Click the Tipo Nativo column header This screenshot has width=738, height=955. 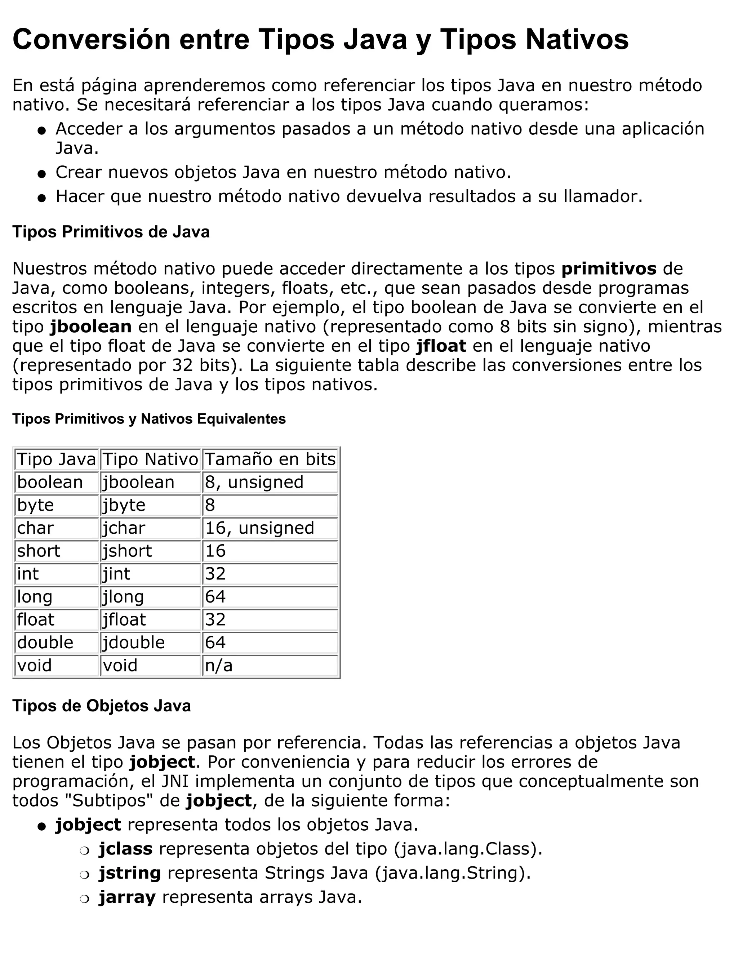150,459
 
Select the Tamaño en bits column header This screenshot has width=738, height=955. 270,459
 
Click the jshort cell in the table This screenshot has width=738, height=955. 127,551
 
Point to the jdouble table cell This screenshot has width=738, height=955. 134,642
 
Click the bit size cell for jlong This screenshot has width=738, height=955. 215,596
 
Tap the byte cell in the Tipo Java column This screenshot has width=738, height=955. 35,505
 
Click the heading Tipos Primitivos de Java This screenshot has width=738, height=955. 111,232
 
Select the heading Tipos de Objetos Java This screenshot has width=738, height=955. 101,706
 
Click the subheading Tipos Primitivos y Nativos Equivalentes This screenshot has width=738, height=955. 149,419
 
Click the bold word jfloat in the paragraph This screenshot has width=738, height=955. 441,346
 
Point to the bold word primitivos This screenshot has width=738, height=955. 609,268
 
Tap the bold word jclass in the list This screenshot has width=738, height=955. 125,848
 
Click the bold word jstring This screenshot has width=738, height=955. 130,872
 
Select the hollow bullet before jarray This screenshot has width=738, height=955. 84,898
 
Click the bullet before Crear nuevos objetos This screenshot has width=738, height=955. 42,174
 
